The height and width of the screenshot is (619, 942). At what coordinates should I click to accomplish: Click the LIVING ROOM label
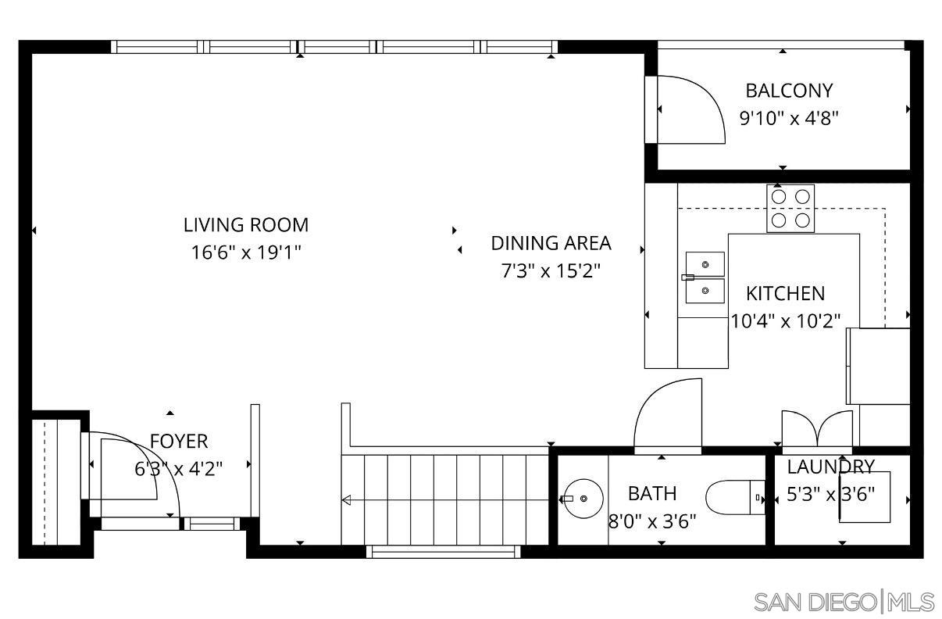[x=246, y=225]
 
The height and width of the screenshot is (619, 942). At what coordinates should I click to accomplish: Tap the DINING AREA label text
[x=551, y=243]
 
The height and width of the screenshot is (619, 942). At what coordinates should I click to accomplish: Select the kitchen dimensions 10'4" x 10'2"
[x=785, y=320]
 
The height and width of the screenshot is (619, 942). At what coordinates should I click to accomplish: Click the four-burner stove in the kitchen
[x=790, y=208]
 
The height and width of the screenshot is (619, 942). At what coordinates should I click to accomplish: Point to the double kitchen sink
[x=705, y=277]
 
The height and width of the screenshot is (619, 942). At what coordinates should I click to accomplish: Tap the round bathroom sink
[x=582, y=498]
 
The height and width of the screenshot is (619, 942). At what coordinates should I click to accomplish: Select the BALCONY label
[x=789, y=91]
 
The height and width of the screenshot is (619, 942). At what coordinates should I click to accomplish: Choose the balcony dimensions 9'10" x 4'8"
[x=789, y=119]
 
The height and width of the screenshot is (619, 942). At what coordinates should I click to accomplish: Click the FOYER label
[x=179, y=442]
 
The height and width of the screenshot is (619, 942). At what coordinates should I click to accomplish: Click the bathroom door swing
[x=668, y=414]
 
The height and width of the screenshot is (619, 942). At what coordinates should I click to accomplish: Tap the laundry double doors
[x=817, y=431]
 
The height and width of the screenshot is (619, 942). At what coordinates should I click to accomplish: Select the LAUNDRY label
[x=830, y=467]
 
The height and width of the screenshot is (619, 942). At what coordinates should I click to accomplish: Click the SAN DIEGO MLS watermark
[x=844, y=602]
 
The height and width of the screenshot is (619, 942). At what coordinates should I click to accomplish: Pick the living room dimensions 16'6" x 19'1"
[x=246, y=253]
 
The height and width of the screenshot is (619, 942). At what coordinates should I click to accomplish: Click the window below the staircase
[x=443, y=552]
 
